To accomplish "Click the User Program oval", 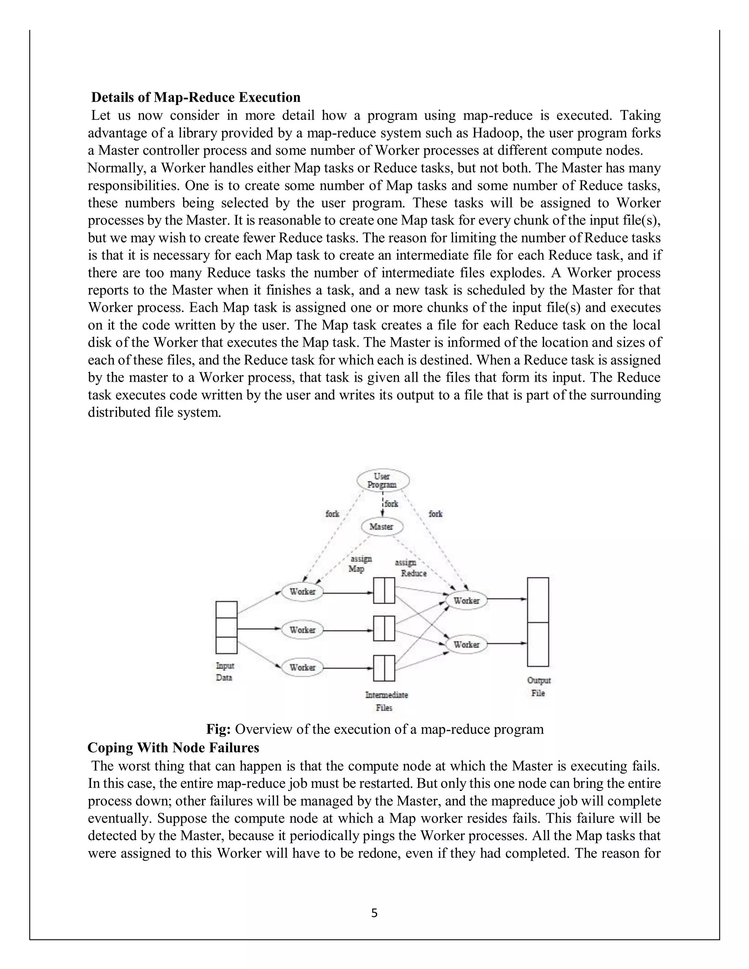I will [383, 480].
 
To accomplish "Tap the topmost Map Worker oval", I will [302, 592].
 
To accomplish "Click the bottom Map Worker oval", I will [302, 668].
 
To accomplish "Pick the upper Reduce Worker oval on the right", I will [466, 601].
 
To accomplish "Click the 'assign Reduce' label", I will [410, 568].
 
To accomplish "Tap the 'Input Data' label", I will [225, 672].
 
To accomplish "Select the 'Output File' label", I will [539, 686].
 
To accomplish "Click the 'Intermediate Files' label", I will [386, 701].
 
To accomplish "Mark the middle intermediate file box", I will [384, 629].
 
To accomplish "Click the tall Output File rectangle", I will [538, 622].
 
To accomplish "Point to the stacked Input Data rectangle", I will [226, 627].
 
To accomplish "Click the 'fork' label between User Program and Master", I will [391, 504].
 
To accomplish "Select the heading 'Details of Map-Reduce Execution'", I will [196, 97].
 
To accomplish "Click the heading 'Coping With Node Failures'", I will [173, 748].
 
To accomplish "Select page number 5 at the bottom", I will [374, 913].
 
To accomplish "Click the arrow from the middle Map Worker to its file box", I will [348, 630].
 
